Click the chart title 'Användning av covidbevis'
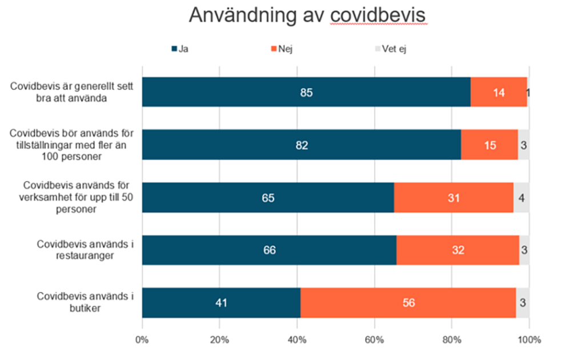(308, 16)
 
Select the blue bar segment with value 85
(306, 92)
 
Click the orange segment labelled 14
(498, 92)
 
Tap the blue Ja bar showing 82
(301, 145)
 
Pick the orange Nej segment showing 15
(489, 145)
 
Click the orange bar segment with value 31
(453, 198)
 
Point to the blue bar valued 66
(269, 250)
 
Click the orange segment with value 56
(408, 303)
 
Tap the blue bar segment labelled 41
(221, 303)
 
